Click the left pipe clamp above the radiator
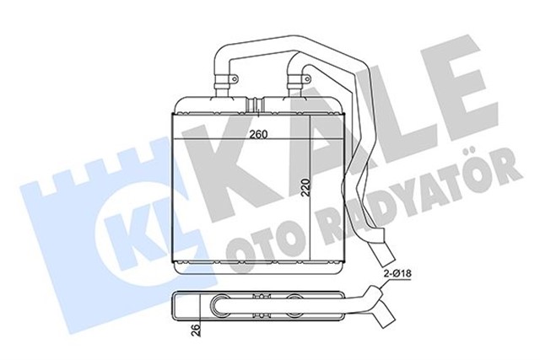[224, 81]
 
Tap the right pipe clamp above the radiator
[296, 81]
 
